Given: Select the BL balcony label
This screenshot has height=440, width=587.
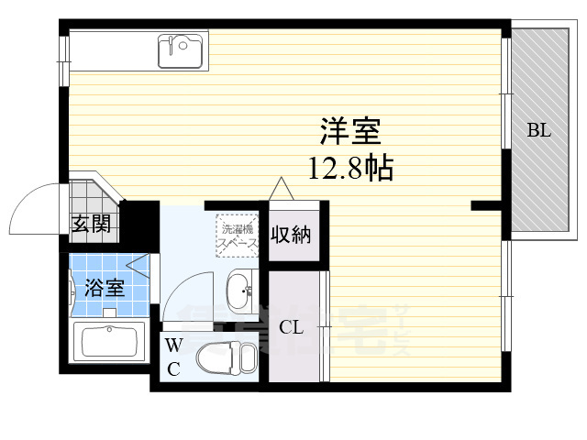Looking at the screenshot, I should pyautogui.click(x=538, y=130).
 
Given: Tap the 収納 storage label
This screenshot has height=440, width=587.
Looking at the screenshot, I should pyautogui.click(x=290, y=235).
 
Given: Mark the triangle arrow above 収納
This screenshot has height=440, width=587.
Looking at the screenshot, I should pyautogui.click(x=282, y=188).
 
